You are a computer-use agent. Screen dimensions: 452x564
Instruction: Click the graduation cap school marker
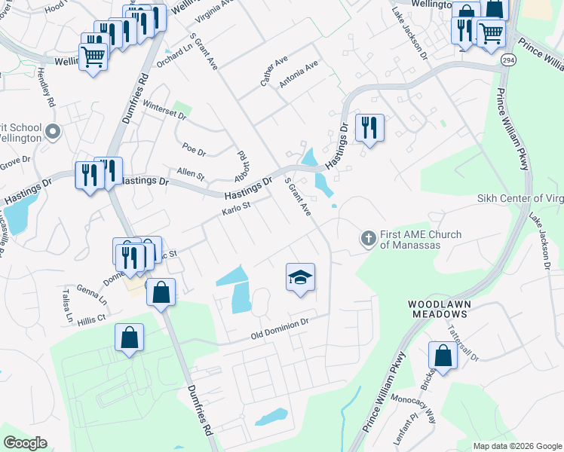[300, 278]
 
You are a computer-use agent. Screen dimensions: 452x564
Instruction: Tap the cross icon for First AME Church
[368, 239]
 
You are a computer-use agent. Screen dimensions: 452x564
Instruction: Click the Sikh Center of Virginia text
[520, 198]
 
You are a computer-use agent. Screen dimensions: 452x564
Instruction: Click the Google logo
[25, 442]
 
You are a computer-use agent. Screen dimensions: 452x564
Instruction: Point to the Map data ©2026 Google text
[516, 446]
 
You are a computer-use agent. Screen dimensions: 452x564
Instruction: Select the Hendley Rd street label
[46, 87]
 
